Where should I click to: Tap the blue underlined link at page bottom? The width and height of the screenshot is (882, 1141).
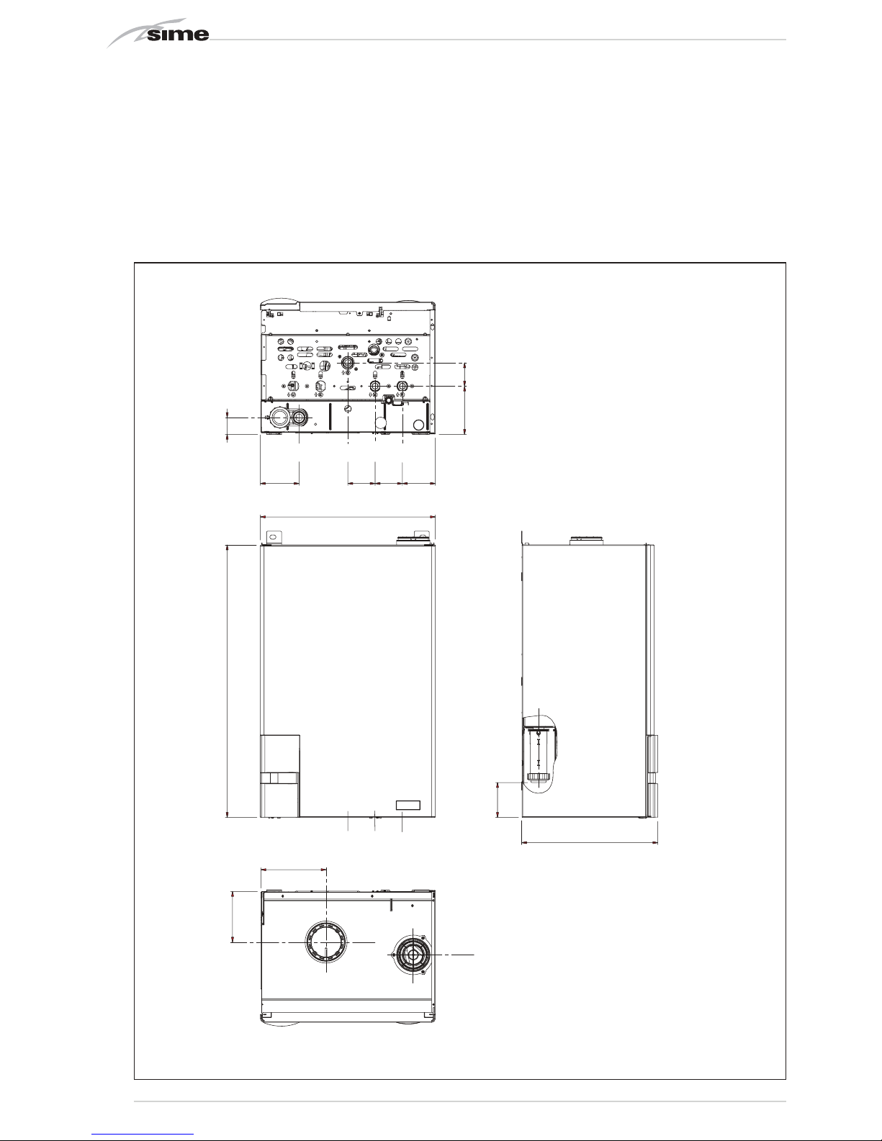(143, 1135)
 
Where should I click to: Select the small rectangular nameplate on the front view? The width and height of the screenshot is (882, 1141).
(408, 805)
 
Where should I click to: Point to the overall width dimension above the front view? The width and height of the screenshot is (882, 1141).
(348, 517)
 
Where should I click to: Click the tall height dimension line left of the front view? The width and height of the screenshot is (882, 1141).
(228, 680)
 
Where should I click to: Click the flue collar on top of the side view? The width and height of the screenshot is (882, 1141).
(587, 541)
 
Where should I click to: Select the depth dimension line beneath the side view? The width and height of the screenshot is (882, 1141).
(590, 843)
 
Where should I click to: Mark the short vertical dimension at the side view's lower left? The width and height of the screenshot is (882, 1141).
(498, 799)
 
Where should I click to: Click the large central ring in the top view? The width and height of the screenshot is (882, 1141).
(327, 942)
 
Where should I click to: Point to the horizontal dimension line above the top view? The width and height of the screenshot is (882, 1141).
(294, 869)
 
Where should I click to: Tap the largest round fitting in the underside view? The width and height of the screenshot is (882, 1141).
(279, 418)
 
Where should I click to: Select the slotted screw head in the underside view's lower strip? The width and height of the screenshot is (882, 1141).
(348, 409)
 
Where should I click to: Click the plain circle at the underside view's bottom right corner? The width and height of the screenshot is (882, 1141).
(419, 425)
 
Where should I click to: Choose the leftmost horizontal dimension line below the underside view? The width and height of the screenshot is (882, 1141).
(280, 483)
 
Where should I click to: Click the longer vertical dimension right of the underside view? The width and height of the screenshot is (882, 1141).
(465, 399)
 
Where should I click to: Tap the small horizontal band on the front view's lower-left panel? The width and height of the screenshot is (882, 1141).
(280, 778)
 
